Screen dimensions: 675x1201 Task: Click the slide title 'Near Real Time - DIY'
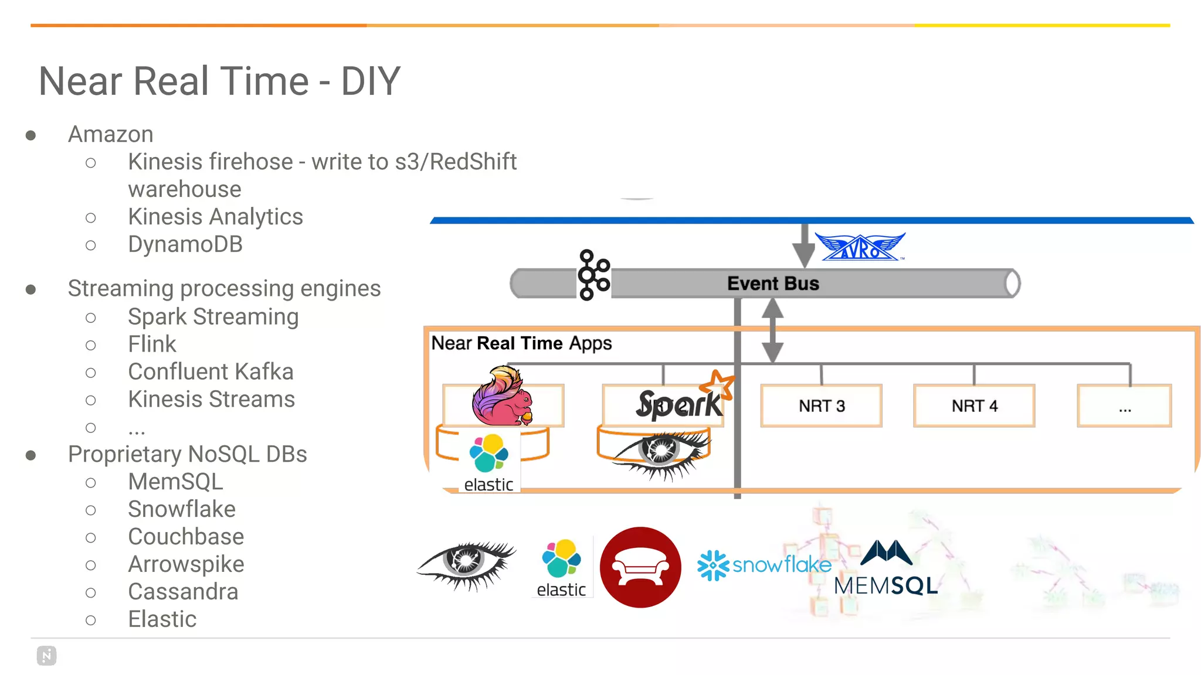pos(219,81)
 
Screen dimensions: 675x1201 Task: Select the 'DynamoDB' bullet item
pos(185,244)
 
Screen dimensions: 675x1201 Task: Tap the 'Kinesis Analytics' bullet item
pos(215,217)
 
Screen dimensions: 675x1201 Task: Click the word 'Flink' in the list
pos(152,344)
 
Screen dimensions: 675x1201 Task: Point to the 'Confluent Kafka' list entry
pos(211,371)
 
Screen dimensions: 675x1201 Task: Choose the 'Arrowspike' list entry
pos(186,564)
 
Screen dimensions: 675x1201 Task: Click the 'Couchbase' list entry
pos(186,537)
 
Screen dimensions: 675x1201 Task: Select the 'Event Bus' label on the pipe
pos(772,284)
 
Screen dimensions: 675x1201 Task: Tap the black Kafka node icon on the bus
pos(593,275)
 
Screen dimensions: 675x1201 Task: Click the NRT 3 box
pos(821,405)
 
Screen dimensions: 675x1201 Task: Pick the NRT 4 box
pos(974,405)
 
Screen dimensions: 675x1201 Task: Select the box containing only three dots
pos(1124,405)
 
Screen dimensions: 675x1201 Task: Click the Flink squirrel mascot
pos(501,396)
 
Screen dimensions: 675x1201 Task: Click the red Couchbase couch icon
pos(640,567)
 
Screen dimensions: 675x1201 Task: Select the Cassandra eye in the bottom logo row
pos(466,564)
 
